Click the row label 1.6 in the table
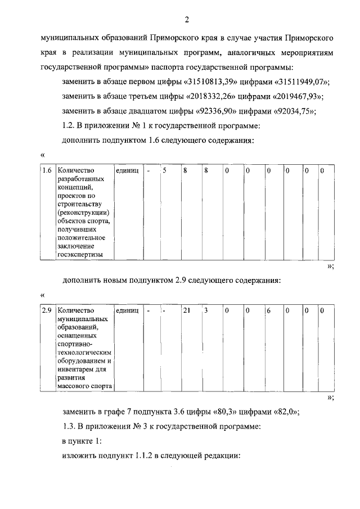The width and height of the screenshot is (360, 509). [47, 170]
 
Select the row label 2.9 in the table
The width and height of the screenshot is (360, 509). [47, 310]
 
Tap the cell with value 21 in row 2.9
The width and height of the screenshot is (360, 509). [187, 310]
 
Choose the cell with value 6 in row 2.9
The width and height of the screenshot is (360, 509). [268, 310]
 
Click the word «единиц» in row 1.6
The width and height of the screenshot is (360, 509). [127, 170]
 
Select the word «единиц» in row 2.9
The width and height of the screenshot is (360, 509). [127, 310]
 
